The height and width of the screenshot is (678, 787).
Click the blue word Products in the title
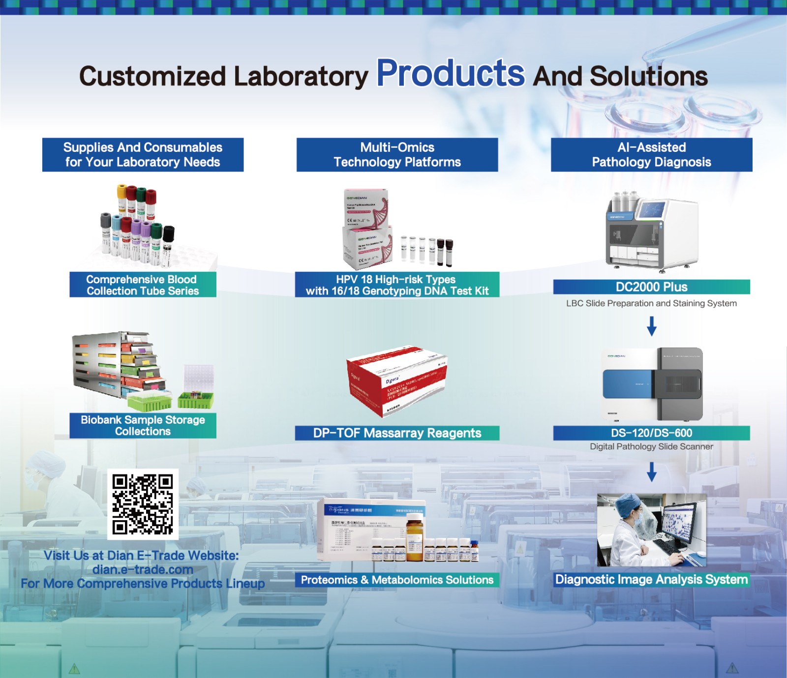tap(450, 74)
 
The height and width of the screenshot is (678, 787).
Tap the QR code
tap(143, 504)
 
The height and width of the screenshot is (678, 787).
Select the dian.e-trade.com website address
tap(143, 569)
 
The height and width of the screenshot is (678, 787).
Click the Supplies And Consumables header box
tap(143, 154)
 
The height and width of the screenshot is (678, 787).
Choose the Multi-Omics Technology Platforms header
tap(397, 154)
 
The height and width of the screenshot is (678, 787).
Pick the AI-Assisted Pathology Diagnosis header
tap(651, 154)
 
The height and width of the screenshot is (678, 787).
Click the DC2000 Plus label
tap(651, 287)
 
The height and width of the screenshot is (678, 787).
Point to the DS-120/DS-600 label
tap(651, 433)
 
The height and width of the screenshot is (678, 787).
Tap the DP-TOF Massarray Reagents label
tap(397, 433)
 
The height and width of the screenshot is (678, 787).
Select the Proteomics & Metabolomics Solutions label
tap(397, 580)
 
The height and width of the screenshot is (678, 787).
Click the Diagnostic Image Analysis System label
tap(651, 579)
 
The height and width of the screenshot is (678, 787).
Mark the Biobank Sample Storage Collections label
tap(143, 425)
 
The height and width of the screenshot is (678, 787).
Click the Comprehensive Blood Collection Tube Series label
tap(143, 285)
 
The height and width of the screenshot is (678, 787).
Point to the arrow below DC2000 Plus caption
tap(651, 326)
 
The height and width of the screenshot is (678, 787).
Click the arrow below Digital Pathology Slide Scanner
tap(651, 472)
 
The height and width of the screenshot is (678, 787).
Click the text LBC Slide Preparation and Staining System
tap(651, 303)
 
